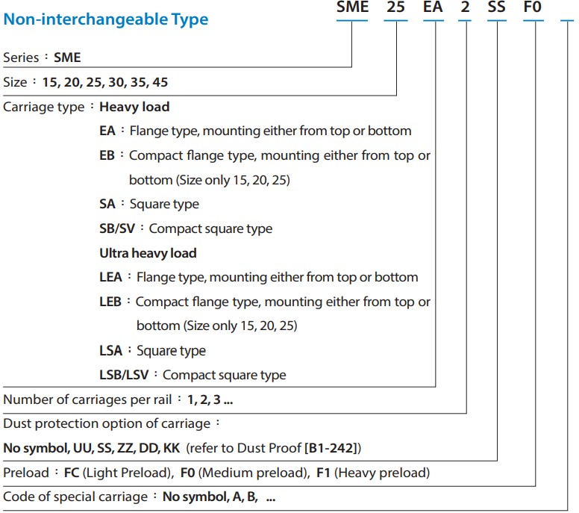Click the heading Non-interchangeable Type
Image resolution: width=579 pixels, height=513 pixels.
(x=106, y=19)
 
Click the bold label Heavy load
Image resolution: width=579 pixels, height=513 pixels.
(x=134, y=107)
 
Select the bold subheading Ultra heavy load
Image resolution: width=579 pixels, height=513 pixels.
(x=148, y=253)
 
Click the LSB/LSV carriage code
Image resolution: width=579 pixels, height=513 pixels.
(x=123, y=375)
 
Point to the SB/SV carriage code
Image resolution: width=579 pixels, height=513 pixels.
(x=117, y=228)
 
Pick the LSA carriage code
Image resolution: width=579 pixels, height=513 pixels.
(x=111, y=350)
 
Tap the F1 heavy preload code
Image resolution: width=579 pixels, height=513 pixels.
(x=325, y=473)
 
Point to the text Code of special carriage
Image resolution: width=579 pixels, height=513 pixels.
(x=76, y=497)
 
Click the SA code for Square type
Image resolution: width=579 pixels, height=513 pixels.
(x=107, y=204)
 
